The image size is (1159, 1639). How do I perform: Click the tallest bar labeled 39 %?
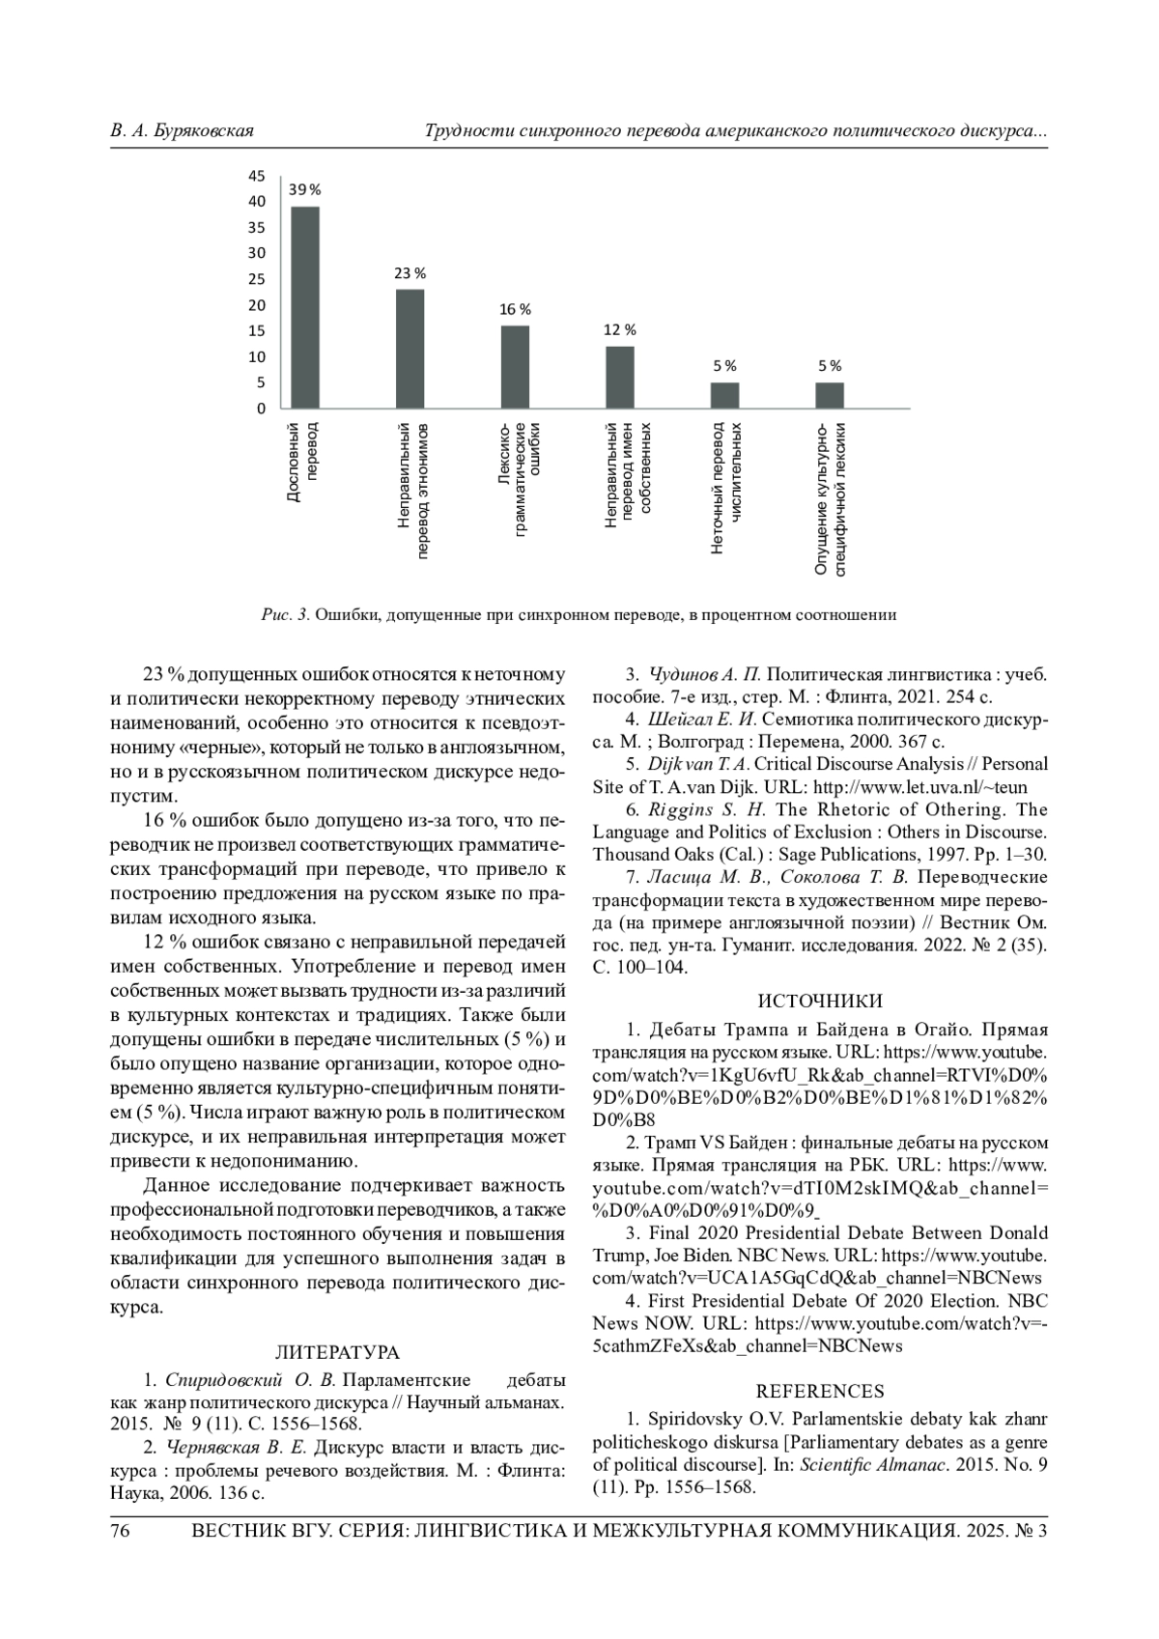pyautogui.click(x=305, y=307)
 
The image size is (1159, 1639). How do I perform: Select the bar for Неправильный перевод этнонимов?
pyautogui.click(x=410, y=349)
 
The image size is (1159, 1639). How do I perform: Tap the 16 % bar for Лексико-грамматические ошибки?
pyautogui.click(x=515, y=367)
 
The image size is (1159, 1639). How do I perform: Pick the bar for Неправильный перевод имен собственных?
pyautogui.click(x=620, y=378)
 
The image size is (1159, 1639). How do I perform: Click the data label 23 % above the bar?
pyautogui.click(x=410, y=273)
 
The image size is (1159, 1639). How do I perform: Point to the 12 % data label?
pyautogui.click(x=620, y=329)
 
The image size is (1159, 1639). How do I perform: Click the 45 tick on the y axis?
pyautogui.click(x=257, y=176)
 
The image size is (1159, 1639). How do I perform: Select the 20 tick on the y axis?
pyautogui.click(x=257, y=305)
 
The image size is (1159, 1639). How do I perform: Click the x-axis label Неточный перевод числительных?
pyautogui.click(x=726, y=487)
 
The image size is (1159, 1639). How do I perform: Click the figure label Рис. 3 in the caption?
pyautogui.click(x=284, y=614)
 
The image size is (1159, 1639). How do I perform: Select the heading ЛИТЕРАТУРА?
pyautogui.click(x=337, y=1352)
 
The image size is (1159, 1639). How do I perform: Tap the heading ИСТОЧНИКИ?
pyautogui.click(x=820, y=1001)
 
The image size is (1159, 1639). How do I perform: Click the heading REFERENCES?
pyautogui.click(x=820, y=1391)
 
